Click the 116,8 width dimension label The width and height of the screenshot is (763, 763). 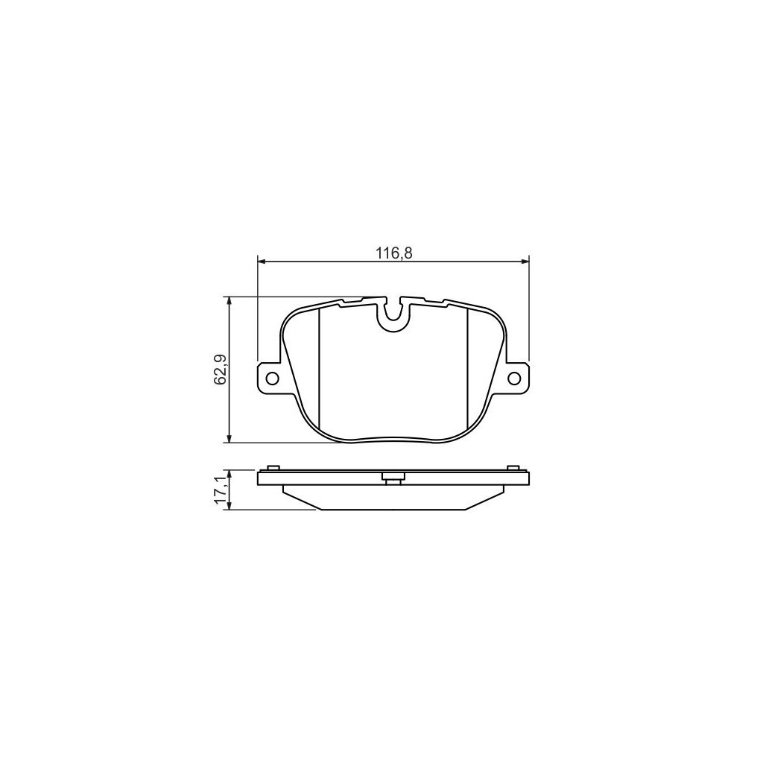[x=393, y=253]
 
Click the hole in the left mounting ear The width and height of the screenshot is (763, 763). [x=272, y=378]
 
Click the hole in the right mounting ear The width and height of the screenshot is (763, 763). [x=513, y=378]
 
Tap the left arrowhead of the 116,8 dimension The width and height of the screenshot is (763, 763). [x=260, y=262]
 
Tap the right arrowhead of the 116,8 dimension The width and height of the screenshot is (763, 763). [x=525, y=262]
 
